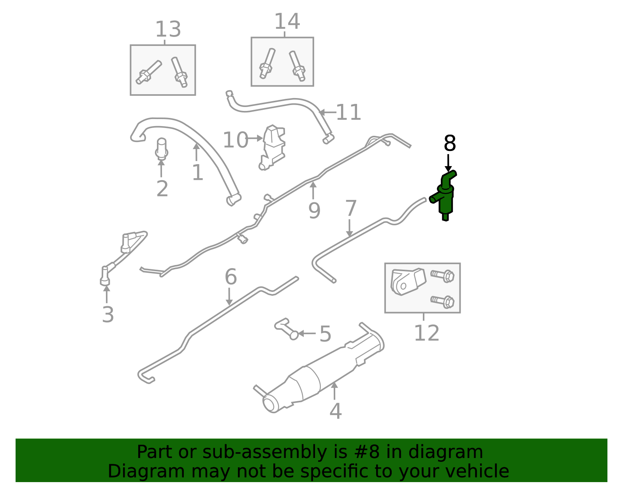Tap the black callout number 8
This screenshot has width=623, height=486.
450,144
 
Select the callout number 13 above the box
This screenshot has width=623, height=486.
168,30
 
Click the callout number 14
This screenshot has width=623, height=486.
287,21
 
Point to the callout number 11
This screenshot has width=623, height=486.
348,112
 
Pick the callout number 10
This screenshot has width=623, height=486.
235,140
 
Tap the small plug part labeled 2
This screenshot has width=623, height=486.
161,149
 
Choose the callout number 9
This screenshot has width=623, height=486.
314,211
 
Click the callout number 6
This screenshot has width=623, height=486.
231,277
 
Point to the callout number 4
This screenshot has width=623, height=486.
335,411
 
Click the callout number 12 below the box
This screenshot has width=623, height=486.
426,333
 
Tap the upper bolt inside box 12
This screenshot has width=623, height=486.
443,276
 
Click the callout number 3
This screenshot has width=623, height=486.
108,315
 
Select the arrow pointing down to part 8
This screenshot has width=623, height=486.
448,162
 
